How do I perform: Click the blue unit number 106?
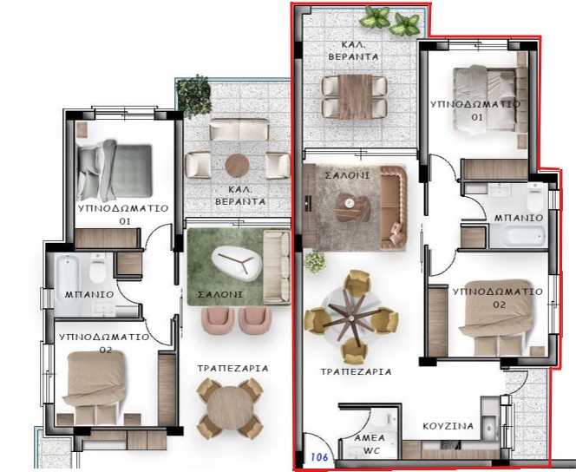(x=319, y=457)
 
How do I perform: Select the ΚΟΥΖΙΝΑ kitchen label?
(x=448, y=426)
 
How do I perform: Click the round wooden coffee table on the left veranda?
(x=237, y=166)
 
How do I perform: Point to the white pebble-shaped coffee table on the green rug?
(x=237, y=262)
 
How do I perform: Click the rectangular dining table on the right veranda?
(x=355, y=96)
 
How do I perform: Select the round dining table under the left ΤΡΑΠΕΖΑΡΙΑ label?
(x=229, y=408)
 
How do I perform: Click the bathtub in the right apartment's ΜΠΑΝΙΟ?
(x=517, y=235)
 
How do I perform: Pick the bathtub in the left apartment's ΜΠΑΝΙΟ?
(x=67, y=273)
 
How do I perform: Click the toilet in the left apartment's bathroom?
(x=97, y=270)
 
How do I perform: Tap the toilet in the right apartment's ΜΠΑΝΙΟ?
(x=535, y=199)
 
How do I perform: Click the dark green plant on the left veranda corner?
(x=193, y=95)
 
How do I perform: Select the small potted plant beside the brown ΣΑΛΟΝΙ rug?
(x=314, y=261)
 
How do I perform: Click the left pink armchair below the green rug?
(x=218, y=319)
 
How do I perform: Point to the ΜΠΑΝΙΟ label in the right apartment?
(x=519, y=218)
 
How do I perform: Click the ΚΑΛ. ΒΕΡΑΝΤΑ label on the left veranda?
(x=240, y=196)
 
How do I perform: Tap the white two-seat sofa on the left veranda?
(x=239, y=129)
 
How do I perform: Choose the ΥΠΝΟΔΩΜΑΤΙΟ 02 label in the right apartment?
(x=497, y=298)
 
